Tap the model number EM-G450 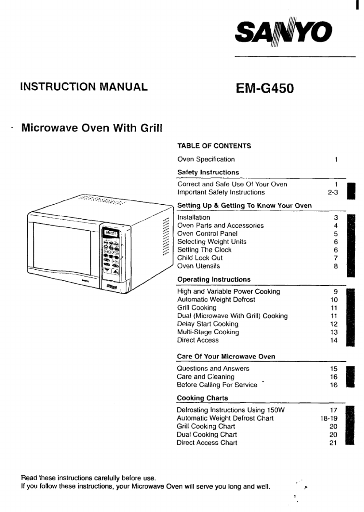coord(264,88)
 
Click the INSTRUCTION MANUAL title coord(84,87)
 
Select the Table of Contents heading coord(214,146)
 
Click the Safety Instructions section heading coord(208,173)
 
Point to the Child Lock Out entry coord(200,258)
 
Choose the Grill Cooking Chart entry coord(206,426)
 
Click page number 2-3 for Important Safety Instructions coord(333,192)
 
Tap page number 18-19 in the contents coord(329,418)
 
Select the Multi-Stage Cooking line coord(208,332)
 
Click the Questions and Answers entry coord(213,368)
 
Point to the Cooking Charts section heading coord(202,398)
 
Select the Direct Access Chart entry coord(207,442)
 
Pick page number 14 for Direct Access coord(334,340)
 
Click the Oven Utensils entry coord(198,266)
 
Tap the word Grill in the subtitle coord(151,128)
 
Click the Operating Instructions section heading coord(214,279)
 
